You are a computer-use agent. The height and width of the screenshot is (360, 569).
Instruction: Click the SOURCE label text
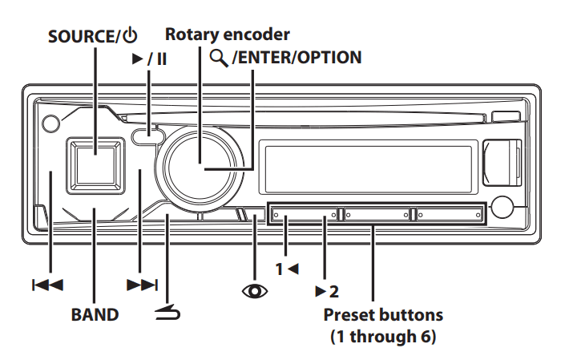click(82, 36)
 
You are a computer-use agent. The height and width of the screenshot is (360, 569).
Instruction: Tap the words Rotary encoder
click(227, 34)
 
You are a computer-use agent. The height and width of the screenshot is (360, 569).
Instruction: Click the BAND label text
click(95, 313)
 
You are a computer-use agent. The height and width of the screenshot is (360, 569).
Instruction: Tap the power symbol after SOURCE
click(130, 36)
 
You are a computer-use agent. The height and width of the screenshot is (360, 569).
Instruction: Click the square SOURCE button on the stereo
click(95, 163)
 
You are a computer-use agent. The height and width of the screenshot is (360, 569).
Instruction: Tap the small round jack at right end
click(504, 208)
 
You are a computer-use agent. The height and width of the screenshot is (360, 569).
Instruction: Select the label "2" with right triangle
click(326, 289)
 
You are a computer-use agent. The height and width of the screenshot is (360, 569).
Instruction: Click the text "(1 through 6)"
click(382, 337)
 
